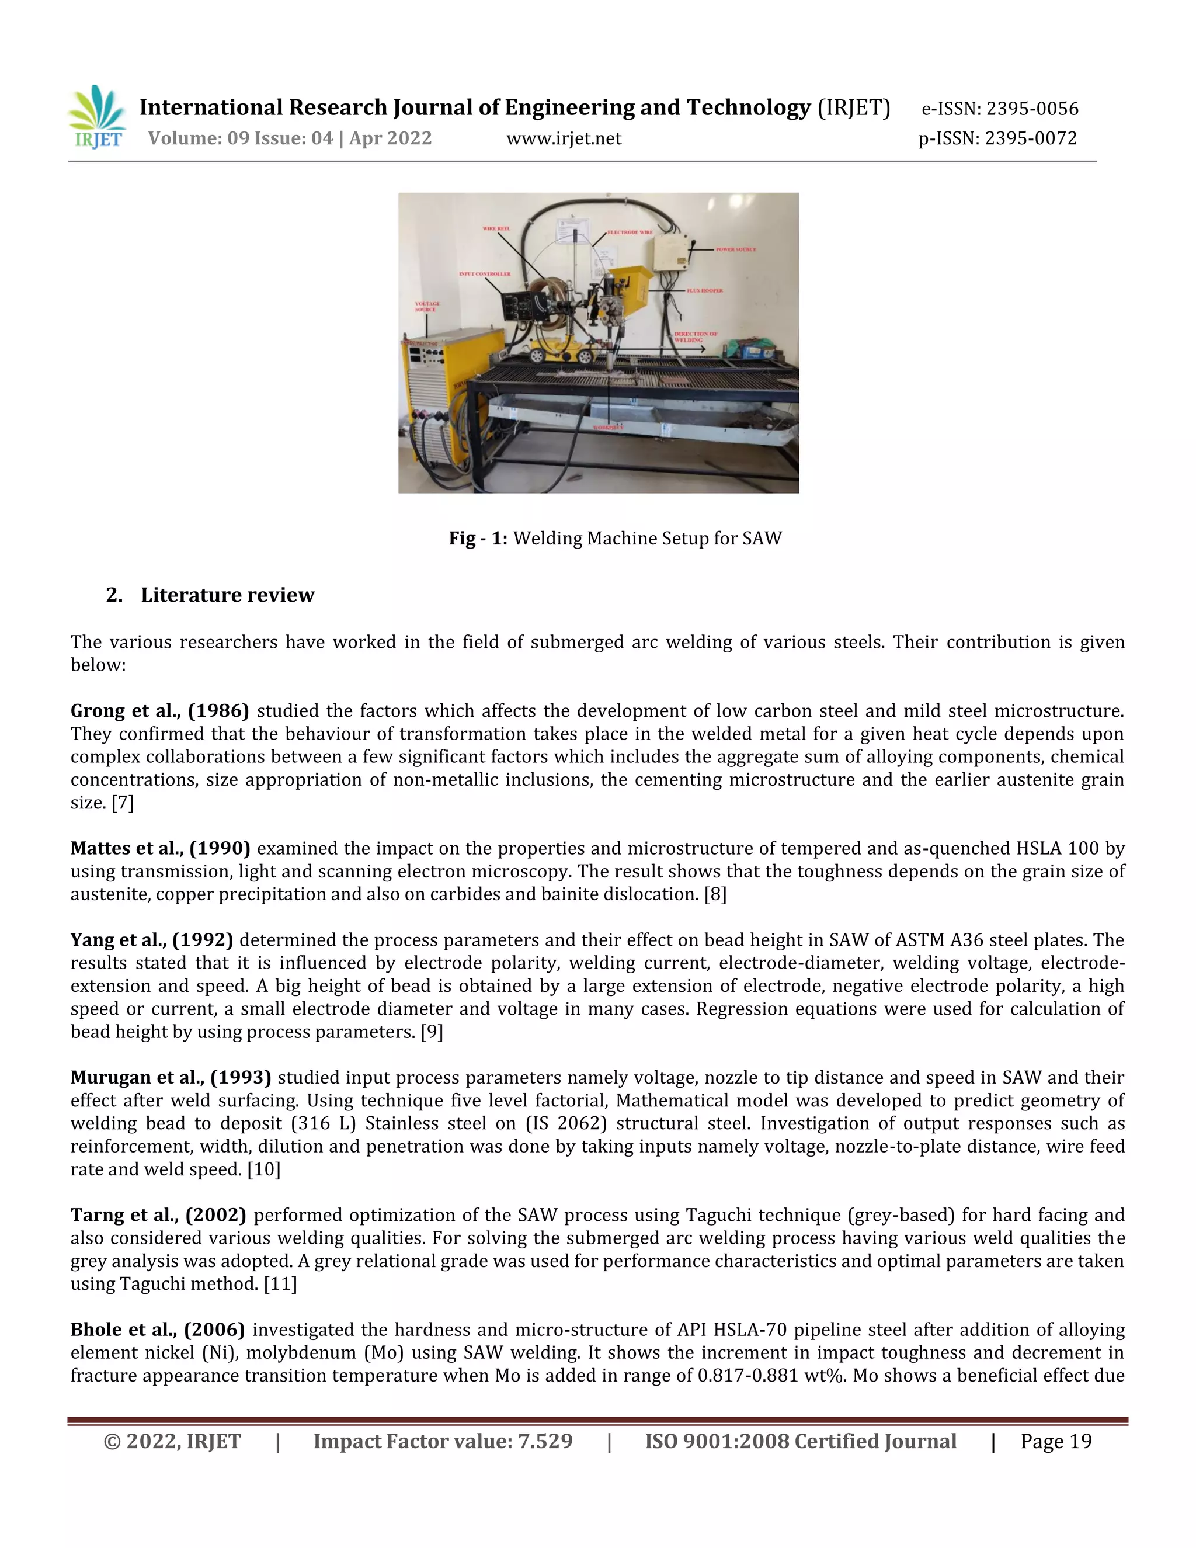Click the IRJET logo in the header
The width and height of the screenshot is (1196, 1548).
click(97, 117)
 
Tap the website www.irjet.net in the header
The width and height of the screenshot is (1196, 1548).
click(564, 138)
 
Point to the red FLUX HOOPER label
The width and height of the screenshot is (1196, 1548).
click(704, 290)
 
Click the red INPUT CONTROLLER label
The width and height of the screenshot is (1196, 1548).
click(485, 273)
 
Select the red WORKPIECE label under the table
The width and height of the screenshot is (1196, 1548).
click(608, 428)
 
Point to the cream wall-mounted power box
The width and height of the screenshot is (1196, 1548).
click(670, 252)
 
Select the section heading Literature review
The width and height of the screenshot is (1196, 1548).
click(227, 595)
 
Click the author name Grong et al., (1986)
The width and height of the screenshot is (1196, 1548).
click(159, 710)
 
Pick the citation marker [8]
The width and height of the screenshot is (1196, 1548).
click(715, 894)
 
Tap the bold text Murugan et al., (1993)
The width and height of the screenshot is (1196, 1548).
click(170, 1077)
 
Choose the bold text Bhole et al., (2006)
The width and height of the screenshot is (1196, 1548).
click(157, 1330)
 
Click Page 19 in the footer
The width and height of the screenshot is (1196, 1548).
click(1055, 1441)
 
